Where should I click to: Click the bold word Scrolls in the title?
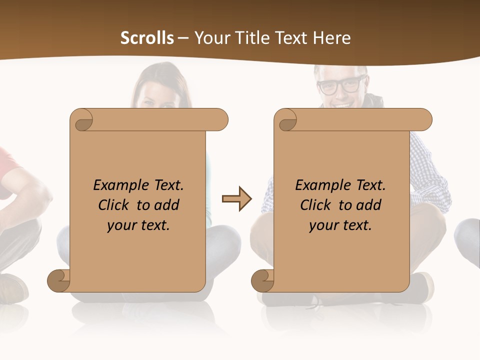click(x=147, y=38)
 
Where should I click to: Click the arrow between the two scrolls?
click(x=236, y=199)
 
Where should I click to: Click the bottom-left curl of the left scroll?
click(x=58, y=280)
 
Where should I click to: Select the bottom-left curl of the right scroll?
click(x=262, y=280)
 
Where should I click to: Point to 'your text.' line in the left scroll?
click(x=138, y=225)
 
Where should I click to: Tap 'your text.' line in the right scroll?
click(x=340, y=225)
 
